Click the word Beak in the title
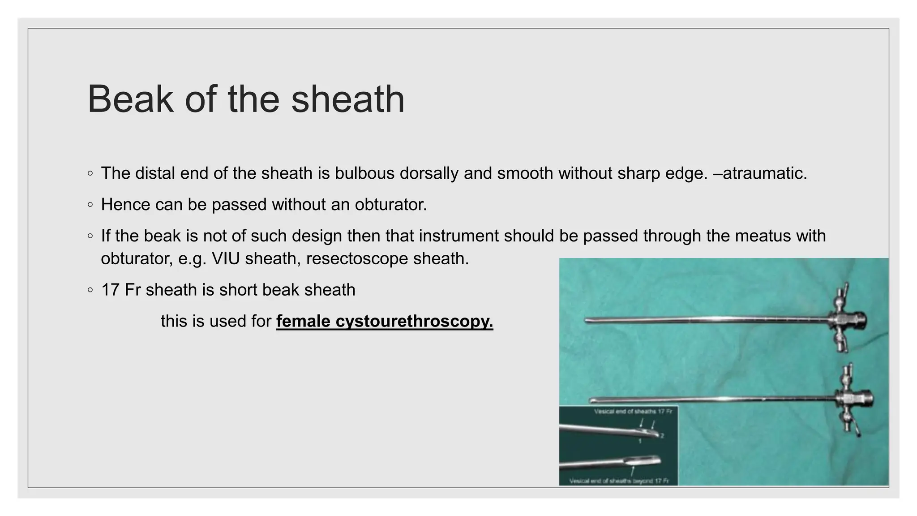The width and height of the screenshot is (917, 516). pos(130,99)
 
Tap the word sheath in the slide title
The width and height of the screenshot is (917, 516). pos(348,99)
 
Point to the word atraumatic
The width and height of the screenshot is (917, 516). pos(764,173)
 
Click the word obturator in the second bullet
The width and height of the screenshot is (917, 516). pos(390,205)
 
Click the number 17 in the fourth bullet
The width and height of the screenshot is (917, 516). pos(110,290)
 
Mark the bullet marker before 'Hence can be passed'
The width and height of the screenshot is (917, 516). pos(90,205)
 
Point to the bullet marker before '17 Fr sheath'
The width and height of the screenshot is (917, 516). pos(90,290)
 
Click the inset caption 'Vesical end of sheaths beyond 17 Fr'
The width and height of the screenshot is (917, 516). pos(619,481)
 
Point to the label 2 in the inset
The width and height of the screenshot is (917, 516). pos(662,435)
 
